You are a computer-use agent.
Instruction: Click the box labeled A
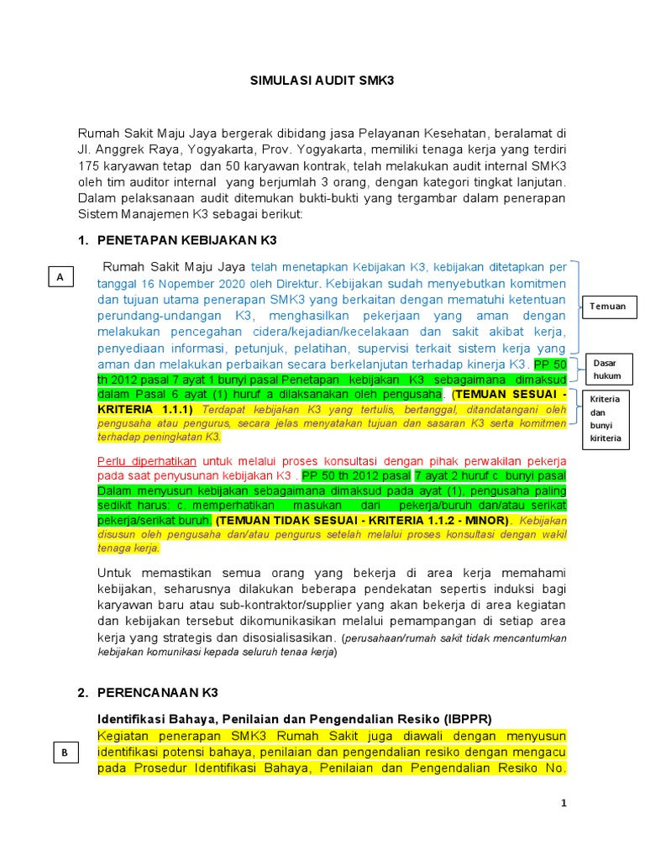60,276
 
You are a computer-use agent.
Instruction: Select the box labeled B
65,753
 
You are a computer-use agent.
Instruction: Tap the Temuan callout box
607,307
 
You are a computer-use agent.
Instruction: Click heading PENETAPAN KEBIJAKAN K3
184,240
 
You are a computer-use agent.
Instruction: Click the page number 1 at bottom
564,804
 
